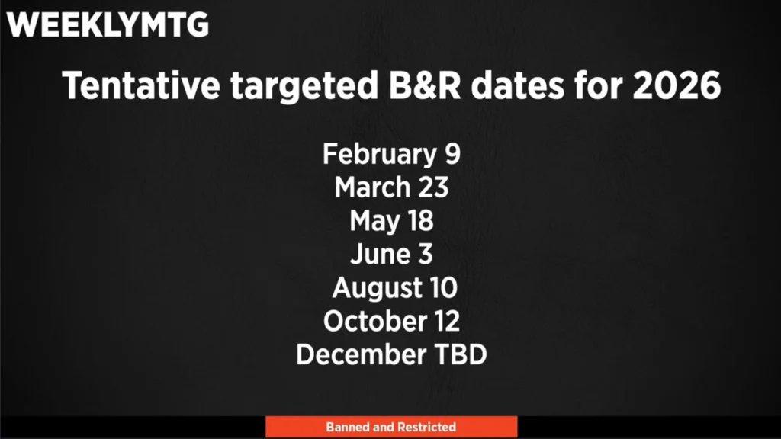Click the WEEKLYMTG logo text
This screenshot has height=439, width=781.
coord(107,25)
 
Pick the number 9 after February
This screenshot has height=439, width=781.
coord(452,154)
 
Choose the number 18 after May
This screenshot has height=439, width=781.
coord(420,221)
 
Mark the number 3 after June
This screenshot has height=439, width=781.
coord(426,255)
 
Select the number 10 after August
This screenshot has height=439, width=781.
coord(443,288)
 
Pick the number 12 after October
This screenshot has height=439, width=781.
coord(445,321)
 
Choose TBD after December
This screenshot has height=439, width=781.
coord(461,354)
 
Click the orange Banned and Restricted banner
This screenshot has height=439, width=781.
coord(391,427)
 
